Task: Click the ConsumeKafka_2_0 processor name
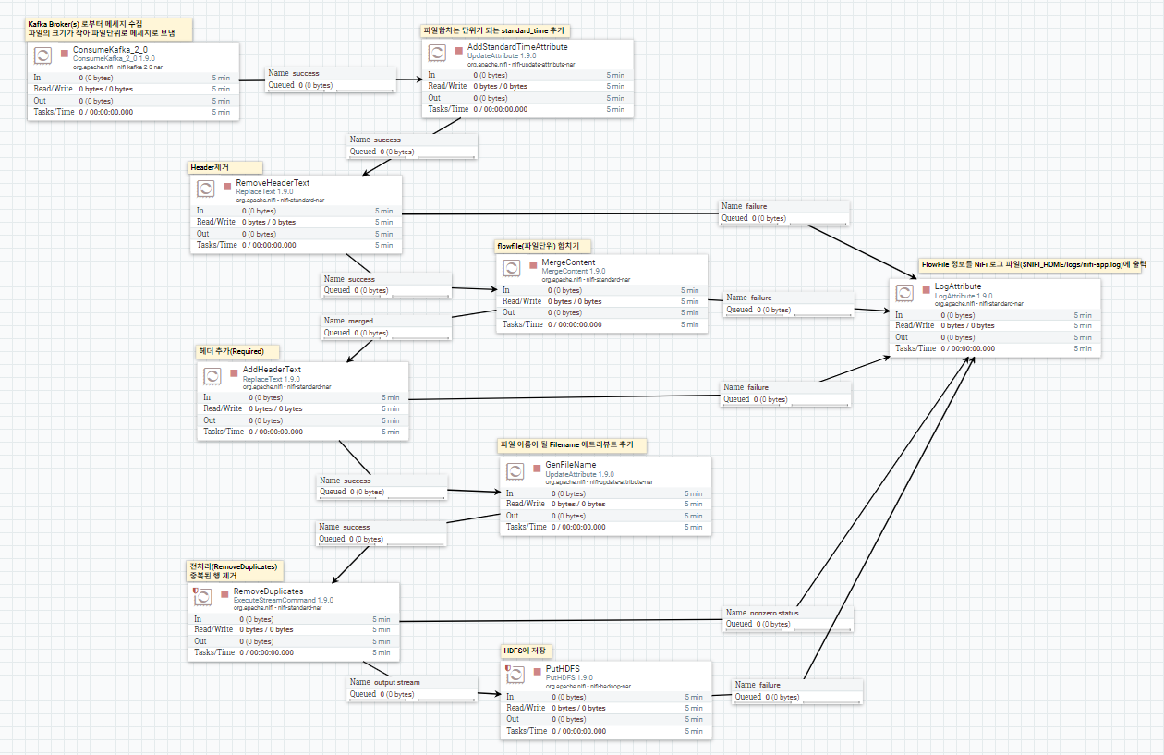110,49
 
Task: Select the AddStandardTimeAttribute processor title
517,46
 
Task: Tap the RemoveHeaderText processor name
273,183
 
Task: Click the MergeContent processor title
568,262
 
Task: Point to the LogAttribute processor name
958,286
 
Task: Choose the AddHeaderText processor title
272,370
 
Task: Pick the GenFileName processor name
571,465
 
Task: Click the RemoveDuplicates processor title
268,591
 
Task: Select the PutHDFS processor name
563,668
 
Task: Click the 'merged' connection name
360,321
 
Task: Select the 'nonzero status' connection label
774,613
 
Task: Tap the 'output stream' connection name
396,682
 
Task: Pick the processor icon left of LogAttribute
905,293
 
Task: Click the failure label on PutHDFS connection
769,685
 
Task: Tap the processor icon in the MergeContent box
512,268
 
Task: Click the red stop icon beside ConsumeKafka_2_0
64,54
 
